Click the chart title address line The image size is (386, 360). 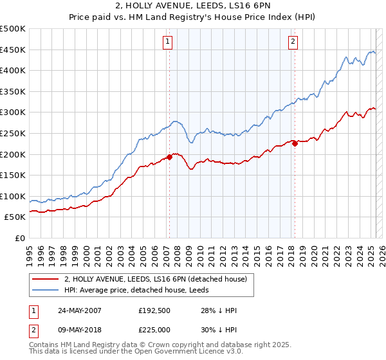tap(193, 6)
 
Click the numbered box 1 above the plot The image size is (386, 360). tap(167, 42)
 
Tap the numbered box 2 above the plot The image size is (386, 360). tap(293, 42)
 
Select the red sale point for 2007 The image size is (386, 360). tap(170, 156)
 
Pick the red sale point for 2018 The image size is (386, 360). tap(295, 144)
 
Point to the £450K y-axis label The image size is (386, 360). tap(14, 50)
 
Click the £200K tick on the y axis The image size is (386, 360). tap(14, 154)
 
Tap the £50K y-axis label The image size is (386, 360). tap(16, 217)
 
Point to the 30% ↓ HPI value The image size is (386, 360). tap(219, 330)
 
